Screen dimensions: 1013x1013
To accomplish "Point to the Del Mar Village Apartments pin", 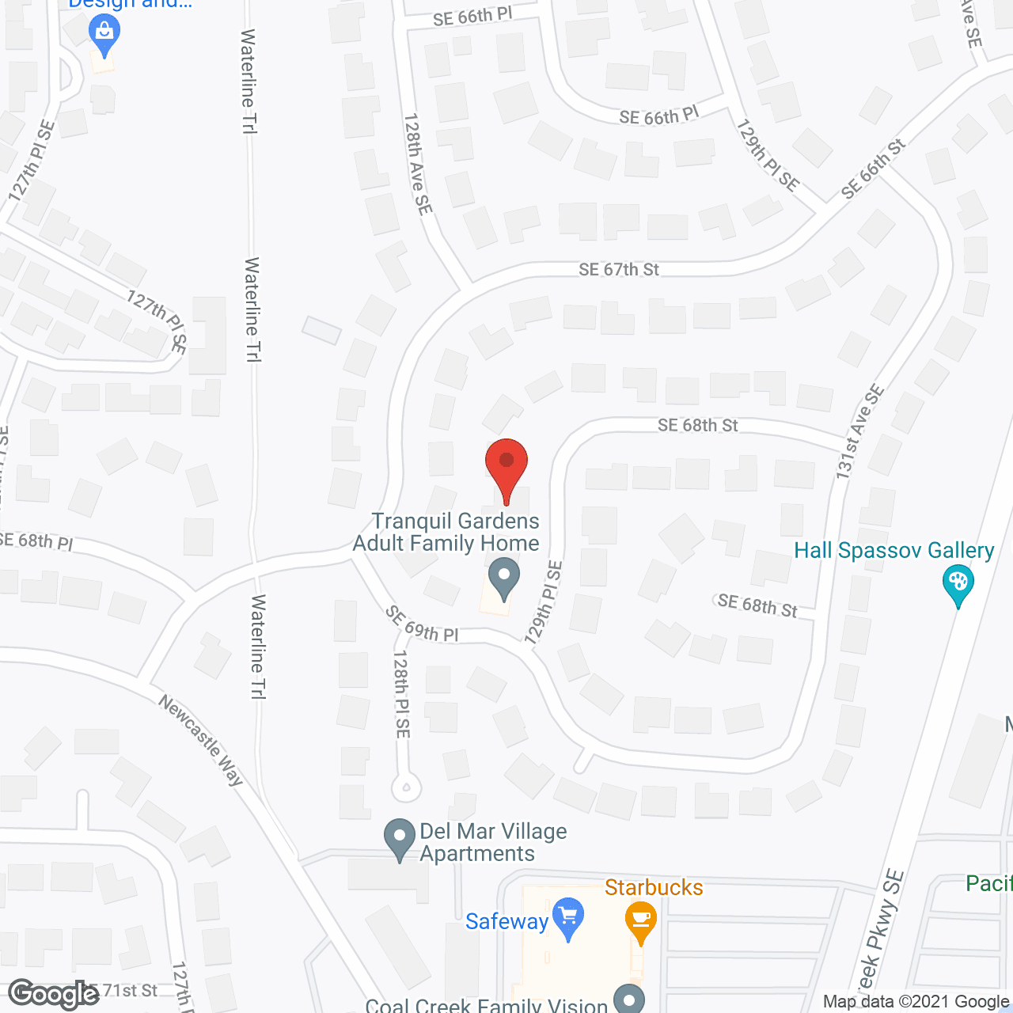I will [x=400, y=837].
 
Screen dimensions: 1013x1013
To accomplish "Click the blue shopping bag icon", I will [x=104, y=33].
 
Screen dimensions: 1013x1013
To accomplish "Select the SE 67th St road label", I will [x=619, y=270].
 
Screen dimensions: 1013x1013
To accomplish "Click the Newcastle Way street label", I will [x=201, y=740].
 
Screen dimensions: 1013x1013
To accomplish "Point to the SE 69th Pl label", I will [x=422, y=624].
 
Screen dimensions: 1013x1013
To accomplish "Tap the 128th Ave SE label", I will [x=417, y=164].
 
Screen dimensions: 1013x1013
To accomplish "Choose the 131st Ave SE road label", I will [x=860, y=431].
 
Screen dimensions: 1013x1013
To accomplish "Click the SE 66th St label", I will [x=873, y=169].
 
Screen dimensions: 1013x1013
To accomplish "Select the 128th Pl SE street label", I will [x=402, y=694].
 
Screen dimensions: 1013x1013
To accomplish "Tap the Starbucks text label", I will [x=654, y=887].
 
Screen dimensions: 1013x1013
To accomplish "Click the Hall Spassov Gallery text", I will [x=893, y=550].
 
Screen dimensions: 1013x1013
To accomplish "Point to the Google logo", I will [x=54, y=994].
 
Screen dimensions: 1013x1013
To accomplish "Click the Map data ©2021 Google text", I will [x=916, y=1001].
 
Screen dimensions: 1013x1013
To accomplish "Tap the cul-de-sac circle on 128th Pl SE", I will [x=406, y=787].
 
